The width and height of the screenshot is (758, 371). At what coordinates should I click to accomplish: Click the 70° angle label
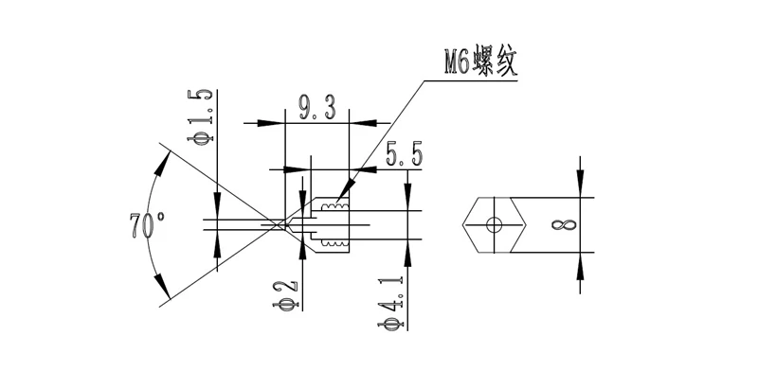pos(147,225)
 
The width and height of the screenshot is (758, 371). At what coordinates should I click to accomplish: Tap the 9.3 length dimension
pos(317,107)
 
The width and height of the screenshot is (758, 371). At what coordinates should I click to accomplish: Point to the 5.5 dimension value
pos(404,154)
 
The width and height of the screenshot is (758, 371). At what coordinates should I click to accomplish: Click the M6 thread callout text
pos(480,61)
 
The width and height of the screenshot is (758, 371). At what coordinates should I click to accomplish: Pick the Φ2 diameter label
pos(286,294)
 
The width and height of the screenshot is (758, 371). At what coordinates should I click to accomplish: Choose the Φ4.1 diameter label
pos(390,303)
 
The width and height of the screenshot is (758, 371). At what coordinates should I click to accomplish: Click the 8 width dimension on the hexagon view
pos(564,225)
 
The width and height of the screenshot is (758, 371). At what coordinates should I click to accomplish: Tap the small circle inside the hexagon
pos(494,224)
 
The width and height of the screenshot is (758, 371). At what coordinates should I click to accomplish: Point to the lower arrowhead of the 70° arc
pos(163,286)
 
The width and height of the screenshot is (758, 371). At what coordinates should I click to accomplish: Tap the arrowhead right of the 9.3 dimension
pos(364,123)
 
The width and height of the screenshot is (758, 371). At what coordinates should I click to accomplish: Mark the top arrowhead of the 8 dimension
pos(580,183)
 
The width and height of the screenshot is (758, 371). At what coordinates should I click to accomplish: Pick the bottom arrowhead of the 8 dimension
pos(580,266)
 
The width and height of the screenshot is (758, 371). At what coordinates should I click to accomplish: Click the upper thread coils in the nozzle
pos(334,207)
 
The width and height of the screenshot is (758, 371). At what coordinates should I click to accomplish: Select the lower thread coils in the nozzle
pos(334,242)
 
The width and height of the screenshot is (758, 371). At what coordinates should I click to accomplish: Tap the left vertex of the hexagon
pos(462,225)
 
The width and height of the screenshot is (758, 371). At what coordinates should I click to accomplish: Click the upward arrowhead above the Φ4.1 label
pos(407,253)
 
